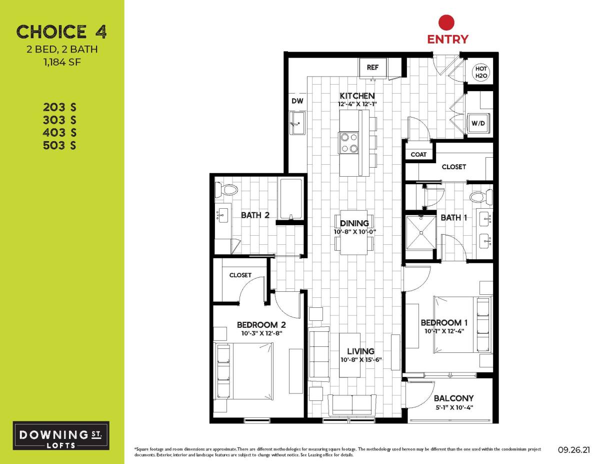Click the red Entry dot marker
(x=446, y=23)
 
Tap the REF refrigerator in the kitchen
(x=373, y=68)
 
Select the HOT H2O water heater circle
(x=480, y=72)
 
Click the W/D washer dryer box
(x=478, y=123)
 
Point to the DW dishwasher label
(x=298, y=101)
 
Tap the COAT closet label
(x=418, y=154)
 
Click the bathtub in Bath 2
(x=290, y=199)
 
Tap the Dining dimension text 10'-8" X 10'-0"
(x=354, y=232)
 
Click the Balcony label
(x=453, y=398)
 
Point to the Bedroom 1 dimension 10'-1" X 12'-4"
(x=444, y=331)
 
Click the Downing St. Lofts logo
(x=61, y=435)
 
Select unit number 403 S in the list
(x=59, y=133)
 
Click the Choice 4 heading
(x=61, y=32)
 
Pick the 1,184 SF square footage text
(x=61, y=63)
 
